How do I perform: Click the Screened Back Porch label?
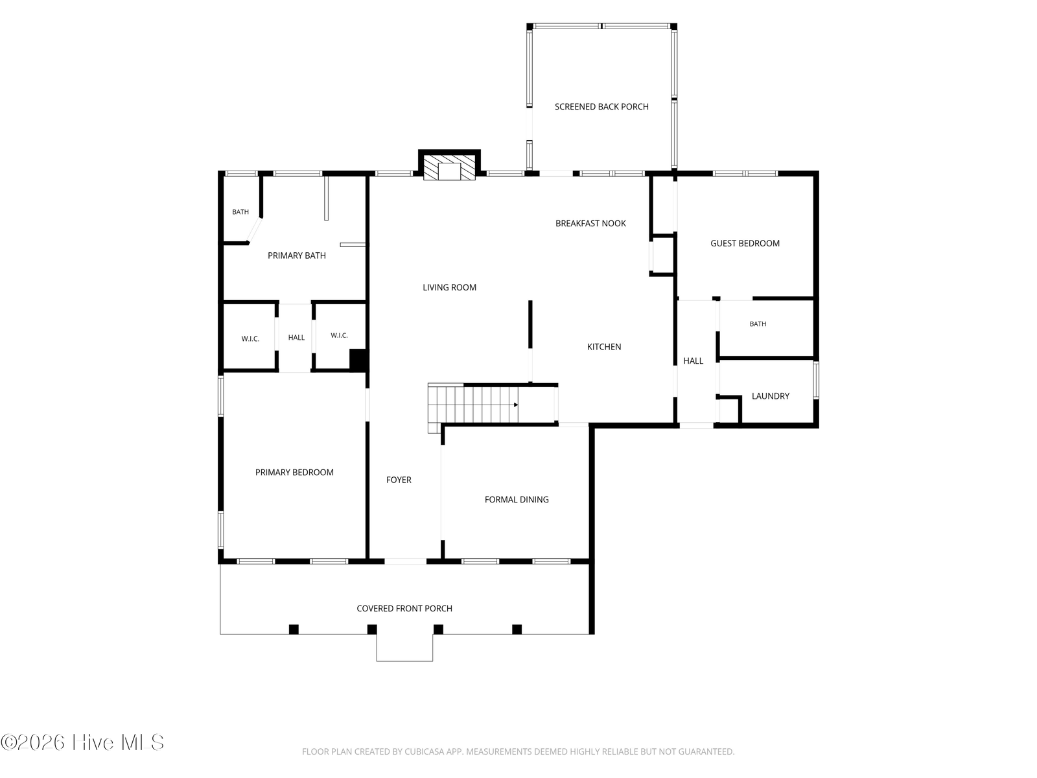[x=601, y=107]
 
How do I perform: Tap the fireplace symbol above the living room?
[x=449, y=168]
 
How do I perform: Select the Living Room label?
[x=449, y=287]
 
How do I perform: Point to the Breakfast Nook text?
[x=590, y=224]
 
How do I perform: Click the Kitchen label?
[x=604, y=347]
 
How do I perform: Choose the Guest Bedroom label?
[x=745, y=243]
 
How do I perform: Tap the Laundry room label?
[x=770, y=396]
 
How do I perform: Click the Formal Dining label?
[x=517, y=499]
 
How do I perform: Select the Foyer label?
[x=399, y=480]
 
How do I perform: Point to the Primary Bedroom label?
[x=294, y=473]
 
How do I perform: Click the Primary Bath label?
[x=297, y=255]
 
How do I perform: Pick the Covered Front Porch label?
[x=404, y=608]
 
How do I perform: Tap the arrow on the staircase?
[x=515, y=405]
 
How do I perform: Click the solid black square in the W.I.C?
[x=358, y=359]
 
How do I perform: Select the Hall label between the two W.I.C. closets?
[x=296, y=337]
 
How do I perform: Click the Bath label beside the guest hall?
[x=758, y=324]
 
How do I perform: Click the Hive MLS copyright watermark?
[x=82, y=742]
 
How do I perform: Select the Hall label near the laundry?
[x=693, y=361]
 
